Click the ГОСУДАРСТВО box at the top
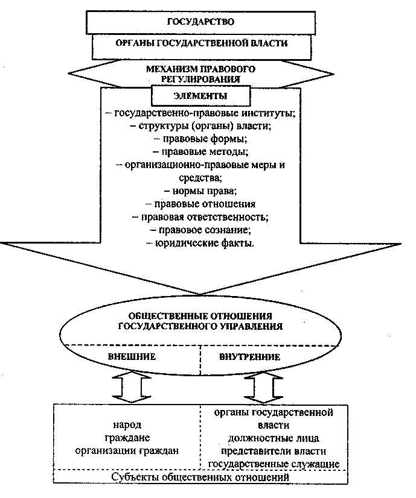(x=200, y=22)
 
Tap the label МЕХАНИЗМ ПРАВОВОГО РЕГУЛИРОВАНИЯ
(x=200, y=74)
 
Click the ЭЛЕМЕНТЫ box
(x=193, y=95)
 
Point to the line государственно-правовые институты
(x=200, y=113)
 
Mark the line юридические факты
(x=200, y=244)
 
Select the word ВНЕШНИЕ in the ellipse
(x=132, y=356)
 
